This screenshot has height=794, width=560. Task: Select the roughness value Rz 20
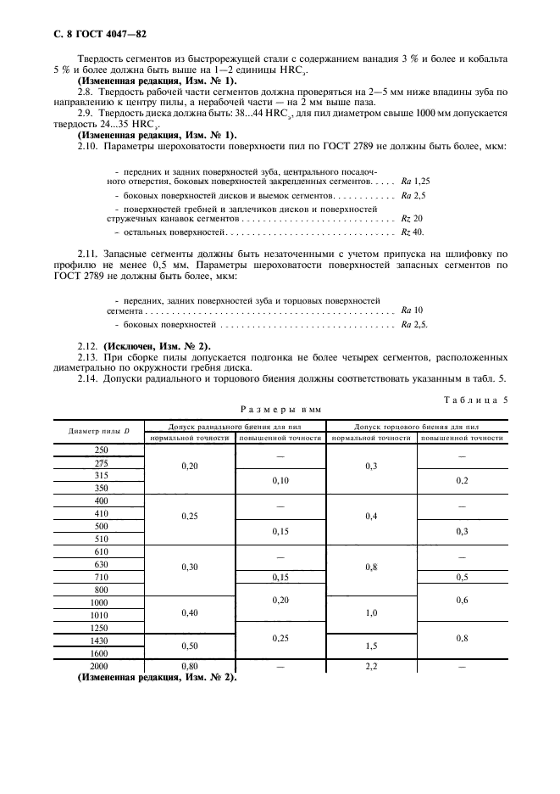[x=412, y=218]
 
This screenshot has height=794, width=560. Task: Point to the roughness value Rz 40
[x=412, y=232]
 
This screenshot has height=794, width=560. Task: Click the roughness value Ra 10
[x=412, y=310]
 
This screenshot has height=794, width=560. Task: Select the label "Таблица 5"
[x=475, y=399]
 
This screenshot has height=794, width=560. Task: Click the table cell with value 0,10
[x=280, y=481]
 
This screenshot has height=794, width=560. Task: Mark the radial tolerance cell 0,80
[x=189, y=667]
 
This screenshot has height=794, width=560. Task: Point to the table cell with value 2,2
[x=372, y=667]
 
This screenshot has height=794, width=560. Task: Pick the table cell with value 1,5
[x=372, y=646]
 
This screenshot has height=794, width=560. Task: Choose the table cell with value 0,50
[x=189, y=646]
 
